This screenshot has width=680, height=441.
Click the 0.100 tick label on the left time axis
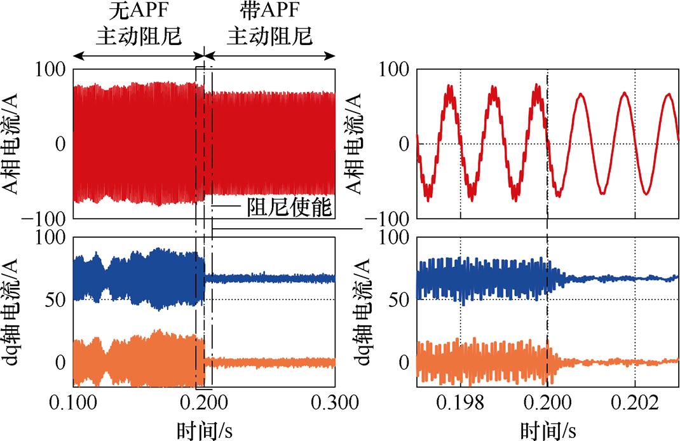click(75, 404)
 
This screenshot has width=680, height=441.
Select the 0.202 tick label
click(635, 404)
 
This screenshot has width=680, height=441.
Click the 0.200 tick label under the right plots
click(547, 404)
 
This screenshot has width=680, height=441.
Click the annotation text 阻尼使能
click(290, 208)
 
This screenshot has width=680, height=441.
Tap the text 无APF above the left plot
click(139, 13)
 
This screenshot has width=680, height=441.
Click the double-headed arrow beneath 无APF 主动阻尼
click(139, 56)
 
